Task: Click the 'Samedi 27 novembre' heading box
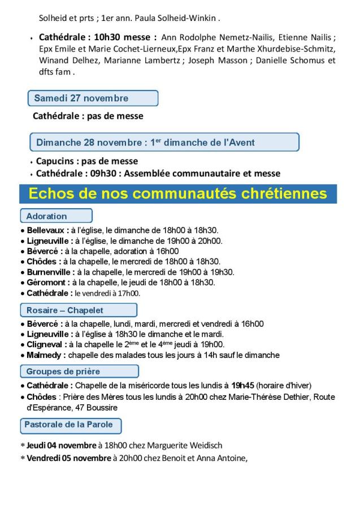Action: coord(93,98)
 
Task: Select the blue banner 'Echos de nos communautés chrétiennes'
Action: coord(178,194)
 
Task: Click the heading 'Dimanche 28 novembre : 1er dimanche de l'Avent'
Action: coord(164,142)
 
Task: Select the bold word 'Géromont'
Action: coord(47,282)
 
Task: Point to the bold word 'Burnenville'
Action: coord(50,272)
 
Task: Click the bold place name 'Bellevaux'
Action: coord(48,230)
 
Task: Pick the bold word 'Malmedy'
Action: coord(46,355)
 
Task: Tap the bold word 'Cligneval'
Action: coord(47,344)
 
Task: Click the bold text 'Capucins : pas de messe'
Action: coord(87,161)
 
